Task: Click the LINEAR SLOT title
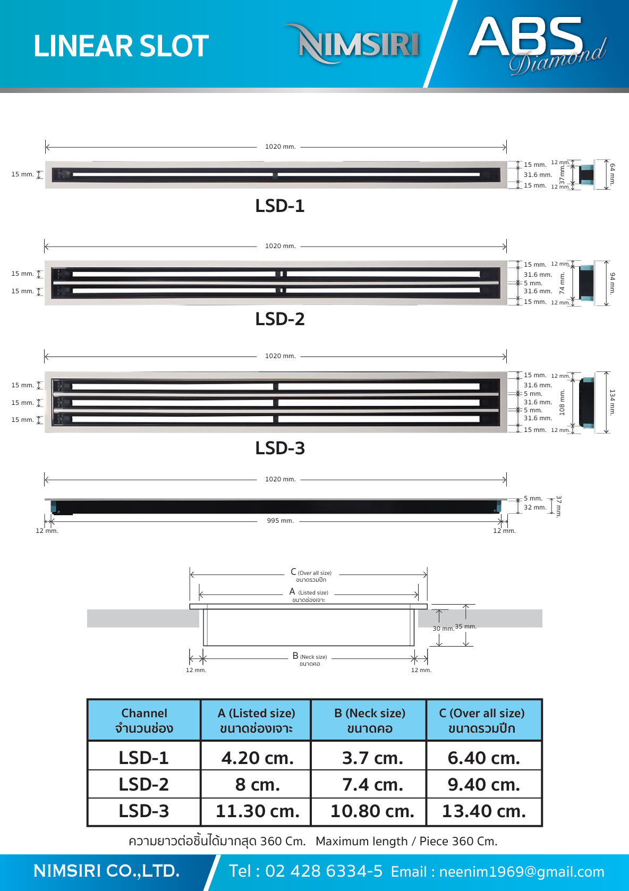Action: pyautogui.click(x=121, y=46)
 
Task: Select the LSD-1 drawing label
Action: pyautogui.click(x=280, y=206)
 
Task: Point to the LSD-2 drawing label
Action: pyautogui.click(x=280, y=319)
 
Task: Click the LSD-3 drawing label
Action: pyautogui.click(x=280, y=448)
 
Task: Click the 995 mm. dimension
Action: pyautogui.click(x=280, y=521)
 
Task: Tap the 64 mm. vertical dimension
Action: pyautogui.click(x=613, y=174)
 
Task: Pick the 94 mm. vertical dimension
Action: pyautogui.click(x=613, y=284)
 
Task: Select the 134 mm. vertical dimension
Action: pyautogui.click(x=613, y=402)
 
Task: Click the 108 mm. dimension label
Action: pyautogui.click(x=562, y=402)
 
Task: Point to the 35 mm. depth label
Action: pyautogui.click(x=465, y=626)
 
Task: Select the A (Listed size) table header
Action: pyautogui.click(x=256, y=720)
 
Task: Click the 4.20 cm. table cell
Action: pyautogui.click(x=257, y=758)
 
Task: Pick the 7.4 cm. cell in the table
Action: pyautogui.click(x=372, y=785)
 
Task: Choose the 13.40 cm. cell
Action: pyautogui.click(x=483, y=811)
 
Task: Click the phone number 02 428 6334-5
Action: pyautogui.click(x=324, y=871)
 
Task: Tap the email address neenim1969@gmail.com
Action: pyautogui.click(x=522, y=872)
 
